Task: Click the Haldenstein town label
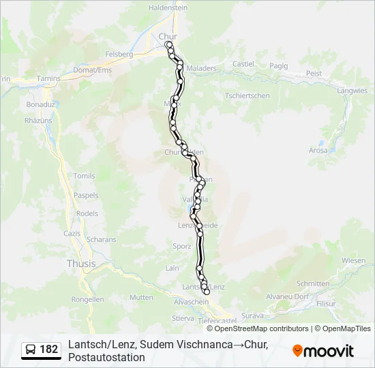(x=168, y=7)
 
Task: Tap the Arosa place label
(x=318, y=150)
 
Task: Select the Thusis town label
(x=81, y=264)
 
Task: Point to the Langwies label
(x=352, y=90)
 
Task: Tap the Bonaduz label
(x=40, y=105)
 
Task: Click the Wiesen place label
(x=353, y=260)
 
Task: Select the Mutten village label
(x=141, y=297)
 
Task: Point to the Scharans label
(x=102, y=239)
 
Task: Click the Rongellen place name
(x=87, y=299)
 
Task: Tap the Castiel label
(x=243, y=64)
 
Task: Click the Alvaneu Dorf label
(x=287, y=296)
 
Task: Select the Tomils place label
(x=84, y=176)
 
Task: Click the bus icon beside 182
(x=31, y=350)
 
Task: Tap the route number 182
(x=49, y=350)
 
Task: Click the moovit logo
(x=323, y=351)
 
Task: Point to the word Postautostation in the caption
(x=106, y=357)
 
